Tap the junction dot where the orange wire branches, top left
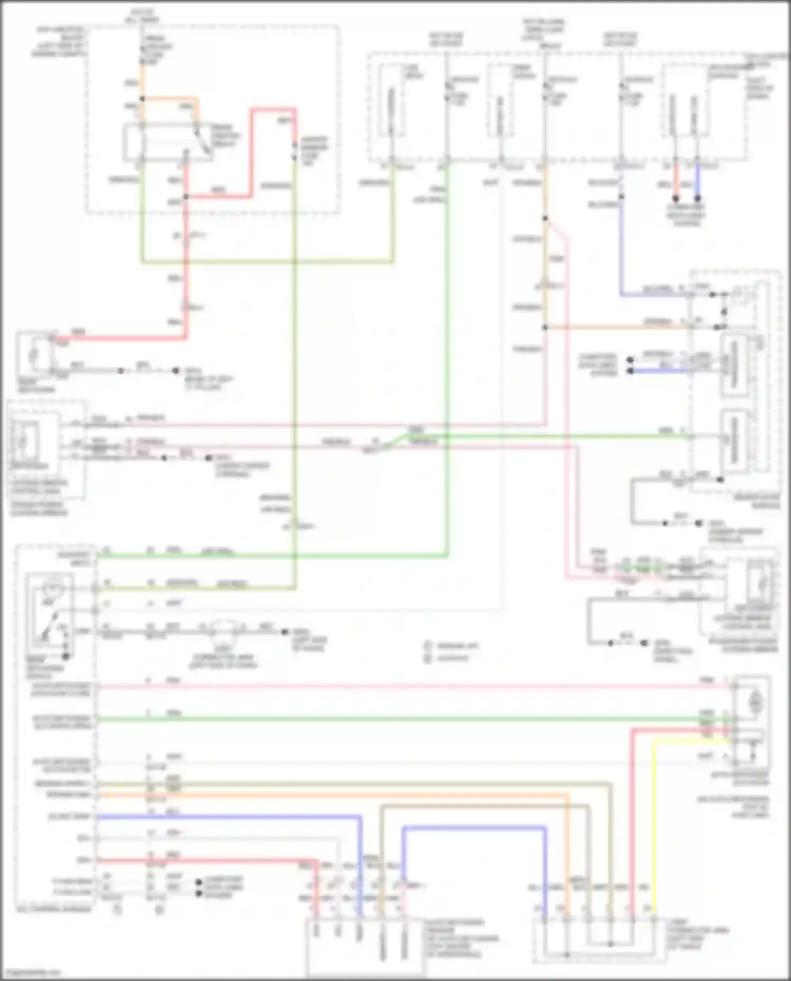142,99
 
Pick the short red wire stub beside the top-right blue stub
676,179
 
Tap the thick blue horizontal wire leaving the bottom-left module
227,817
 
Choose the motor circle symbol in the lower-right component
755,702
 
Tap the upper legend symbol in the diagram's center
428,646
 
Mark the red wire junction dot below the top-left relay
185,198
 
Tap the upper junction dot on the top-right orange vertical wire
545,218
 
